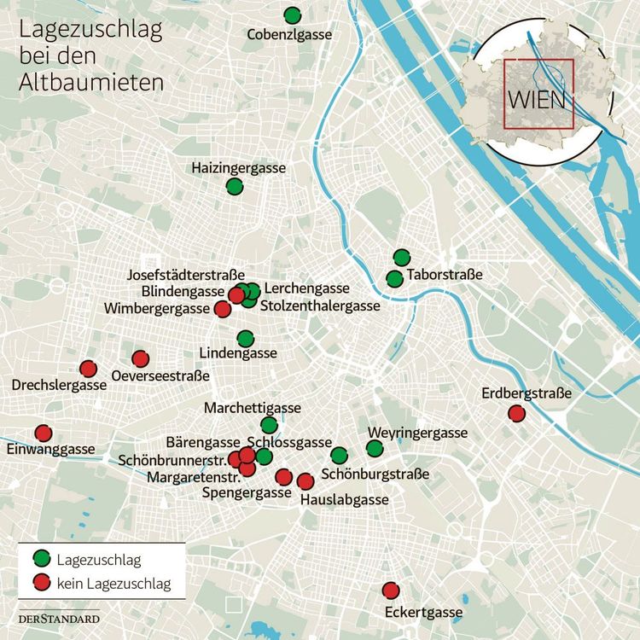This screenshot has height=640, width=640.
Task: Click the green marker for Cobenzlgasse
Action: tap(293, 15)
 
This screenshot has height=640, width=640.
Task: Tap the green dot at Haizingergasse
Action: tap(235, 186)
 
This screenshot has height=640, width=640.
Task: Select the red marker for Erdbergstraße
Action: tap(516, 413)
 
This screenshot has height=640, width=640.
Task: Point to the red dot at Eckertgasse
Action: tap(391, 591)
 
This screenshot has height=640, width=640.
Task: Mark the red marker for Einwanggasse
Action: tap(43, 433)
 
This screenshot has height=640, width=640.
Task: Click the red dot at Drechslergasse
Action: tap(88, 369)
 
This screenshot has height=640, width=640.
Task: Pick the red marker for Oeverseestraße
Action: tap(141, 358)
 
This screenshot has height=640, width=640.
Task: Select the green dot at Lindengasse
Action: tap(246, 338)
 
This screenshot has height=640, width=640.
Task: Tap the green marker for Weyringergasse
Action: tap(375, 449)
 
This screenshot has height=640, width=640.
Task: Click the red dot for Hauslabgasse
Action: tap(305, 481)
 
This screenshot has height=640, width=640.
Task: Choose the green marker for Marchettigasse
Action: tap(269, 425)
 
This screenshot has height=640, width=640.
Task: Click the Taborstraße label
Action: tap(445, 275)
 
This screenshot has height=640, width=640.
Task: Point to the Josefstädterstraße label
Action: tap(185, 275)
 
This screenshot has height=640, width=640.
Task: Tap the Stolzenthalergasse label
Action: tap(320, 305)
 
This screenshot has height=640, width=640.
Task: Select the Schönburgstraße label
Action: tap(375, 474)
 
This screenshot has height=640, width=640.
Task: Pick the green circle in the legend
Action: tap(40, 559)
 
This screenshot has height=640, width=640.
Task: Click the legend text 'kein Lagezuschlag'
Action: tap(113, 584)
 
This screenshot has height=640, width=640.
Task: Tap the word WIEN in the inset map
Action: tap(538, 98)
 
